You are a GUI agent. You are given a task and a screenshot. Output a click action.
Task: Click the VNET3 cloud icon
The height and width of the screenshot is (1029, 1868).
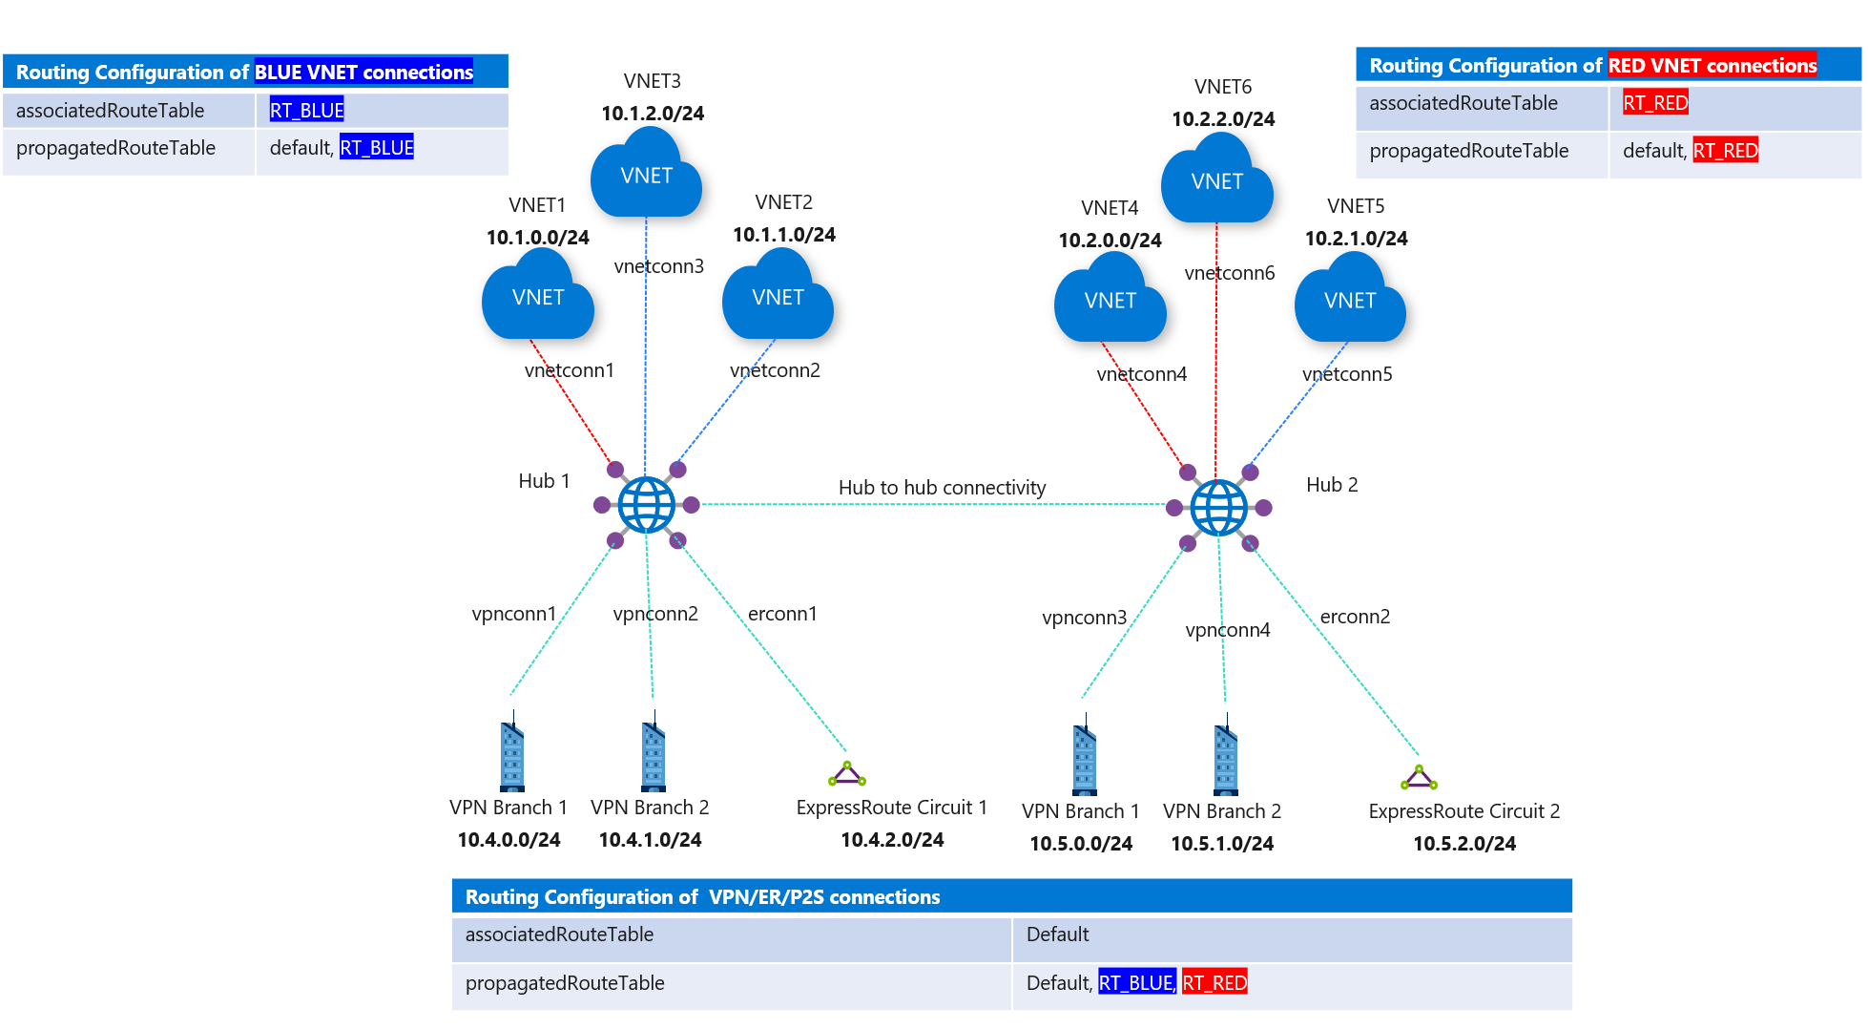click(x=646, y=175)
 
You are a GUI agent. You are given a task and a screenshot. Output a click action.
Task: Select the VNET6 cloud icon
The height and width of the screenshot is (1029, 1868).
click(x=1216, y=180)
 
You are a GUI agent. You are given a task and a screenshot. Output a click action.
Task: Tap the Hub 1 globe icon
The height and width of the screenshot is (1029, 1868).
click(x=646, y=504)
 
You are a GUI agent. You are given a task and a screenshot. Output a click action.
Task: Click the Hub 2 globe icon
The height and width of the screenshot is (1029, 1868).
click(x=1218, y=508)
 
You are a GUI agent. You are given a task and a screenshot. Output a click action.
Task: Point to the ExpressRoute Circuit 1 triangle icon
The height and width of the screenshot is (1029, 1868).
click(x=846, y=774)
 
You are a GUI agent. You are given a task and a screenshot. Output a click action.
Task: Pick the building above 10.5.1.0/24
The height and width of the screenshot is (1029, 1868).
click(x=1225, y=760)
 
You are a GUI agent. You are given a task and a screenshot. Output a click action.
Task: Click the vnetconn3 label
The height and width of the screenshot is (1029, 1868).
click(x=659, y=266)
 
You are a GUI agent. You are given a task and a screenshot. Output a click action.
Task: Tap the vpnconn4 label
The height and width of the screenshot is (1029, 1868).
click(x=1228, y=630)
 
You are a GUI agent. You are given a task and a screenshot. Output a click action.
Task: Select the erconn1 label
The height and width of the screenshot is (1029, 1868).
click(x=782, y=614)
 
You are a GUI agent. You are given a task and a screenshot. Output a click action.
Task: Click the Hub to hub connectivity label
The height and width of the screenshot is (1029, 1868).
click(x=942, y=488)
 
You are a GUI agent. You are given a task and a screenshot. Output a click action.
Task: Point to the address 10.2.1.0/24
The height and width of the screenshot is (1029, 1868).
click(x=1356, y=239)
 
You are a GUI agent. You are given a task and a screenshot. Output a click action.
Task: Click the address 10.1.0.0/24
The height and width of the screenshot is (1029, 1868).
click(x=537, y=238)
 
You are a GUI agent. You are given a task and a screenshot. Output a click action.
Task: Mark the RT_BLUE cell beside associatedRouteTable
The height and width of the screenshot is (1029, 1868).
click(x=306, y=111)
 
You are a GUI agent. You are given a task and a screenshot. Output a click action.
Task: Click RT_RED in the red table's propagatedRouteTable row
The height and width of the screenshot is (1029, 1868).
click(x=1725, y=151)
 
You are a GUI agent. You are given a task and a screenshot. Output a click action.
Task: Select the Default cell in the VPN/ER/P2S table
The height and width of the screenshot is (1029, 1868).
click(x=1057, y=934)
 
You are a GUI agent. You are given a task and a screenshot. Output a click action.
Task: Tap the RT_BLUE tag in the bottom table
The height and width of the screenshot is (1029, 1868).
click(x=1135, y=983)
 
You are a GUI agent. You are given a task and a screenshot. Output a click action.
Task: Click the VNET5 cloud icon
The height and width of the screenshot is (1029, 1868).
click(x=1350, y=301)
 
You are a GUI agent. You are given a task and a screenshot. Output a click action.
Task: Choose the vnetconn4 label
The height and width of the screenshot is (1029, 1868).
click(x=1142, y=374)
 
